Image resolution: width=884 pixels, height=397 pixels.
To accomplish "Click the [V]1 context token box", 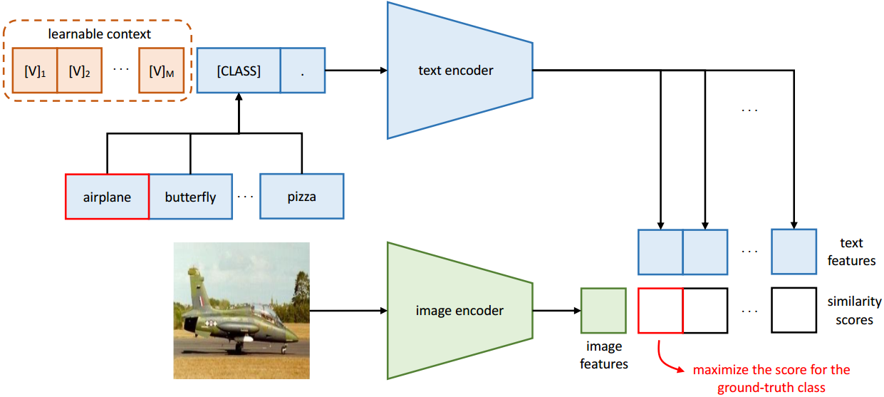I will [x=34, y=70].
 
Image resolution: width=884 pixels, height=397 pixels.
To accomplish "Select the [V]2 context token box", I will [x=80, y=70].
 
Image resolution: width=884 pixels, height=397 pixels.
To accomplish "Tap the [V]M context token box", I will [x=161, y=70].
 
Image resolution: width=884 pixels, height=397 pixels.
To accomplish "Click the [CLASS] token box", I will [x=239, y=70].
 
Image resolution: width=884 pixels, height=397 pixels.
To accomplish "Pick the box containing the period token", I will [x=303, y=70].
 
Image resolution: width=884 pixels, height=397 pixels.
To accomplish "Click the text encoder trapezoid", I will [x=459, y=70].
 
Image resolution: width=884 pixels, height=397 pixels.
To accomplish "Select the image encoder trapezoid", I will [x=459, y=311].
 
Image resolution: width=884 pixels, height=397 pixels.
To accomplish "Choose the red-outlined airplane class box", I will [x=107, y=197].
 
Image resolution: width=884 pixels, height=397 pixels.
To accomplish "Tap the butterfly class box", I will [x=190, y=197].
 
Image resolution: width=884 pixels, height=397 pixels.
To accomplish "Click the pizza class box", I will [x=301, y=197].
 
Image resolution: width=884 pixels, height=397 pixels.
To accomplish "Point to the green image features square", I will [x=603, y=311].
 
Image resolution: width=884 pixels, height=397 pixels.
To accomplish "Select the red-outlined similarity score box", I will [x=660, y=311].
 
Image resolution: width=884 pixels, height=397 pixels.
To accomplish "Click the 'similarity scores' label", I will [x=854, y=311].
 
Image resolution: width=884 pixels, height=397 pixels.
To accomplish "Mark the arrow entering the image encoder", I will [x=349, y=311].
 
